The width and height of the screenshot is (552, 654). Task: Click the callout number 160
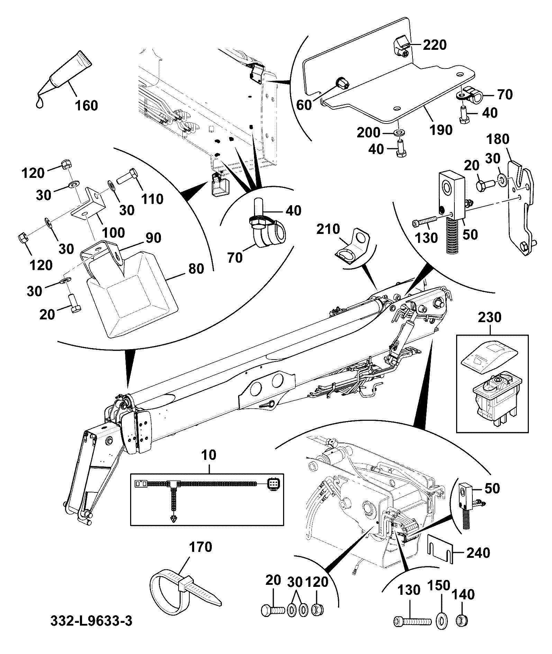pos(86,105)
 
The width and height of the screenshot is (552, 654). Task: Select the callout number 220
pos(435,45)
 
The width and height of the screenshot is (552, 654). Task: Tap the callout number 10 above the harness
pos(209,455)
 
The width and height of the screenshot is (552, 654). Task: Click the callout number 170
pos(201,547)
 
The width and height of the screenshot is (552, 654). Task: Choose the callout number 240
pos(478,553)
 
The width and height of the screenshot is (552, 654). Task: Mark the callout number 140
pos(463,595)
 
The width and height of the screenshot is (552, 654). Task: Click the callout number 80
pos(196,269)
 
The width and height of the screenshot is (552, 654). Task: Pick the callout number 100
pos(114,232)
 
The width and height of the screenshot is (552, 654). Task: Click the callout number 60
pos(304,105)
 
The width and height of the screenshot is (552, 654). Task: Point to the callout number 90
pos(153,238)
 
